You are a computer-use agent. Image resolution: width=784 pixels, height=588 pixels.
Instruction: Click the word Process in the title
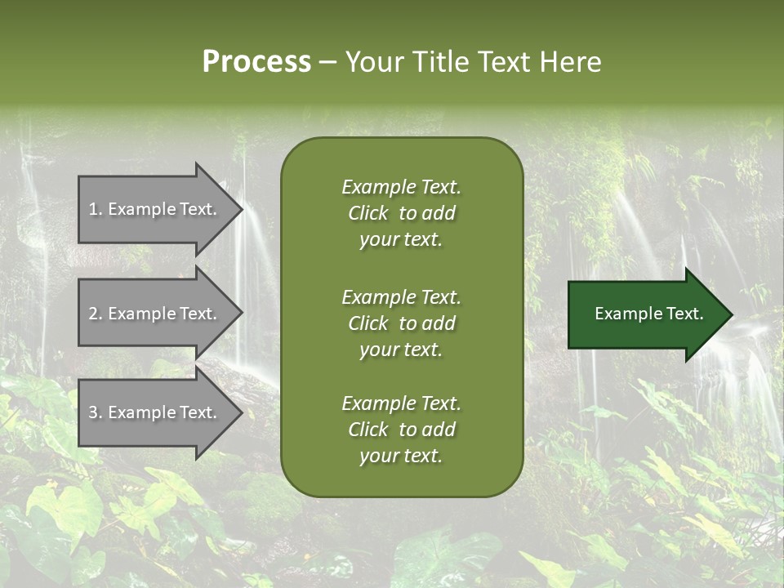256,62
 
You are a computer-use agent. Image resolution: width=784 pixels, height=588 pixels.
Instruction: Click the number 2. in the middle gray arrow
96,314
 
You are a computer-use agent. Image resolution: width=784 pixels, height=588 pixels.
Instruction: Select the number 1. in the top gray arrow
96,209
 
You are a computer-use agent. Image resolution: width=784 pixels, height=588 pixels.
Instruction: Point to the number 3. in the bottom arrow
96,412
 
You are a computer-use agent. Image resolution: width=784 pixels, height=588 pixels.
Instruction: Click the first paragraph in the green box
401,213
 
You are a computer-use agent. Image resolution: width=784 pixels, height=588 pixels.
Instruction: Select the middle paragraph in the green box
401,323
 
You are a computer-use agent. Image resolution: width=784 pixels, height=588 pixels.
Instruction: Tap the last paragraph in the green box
401,430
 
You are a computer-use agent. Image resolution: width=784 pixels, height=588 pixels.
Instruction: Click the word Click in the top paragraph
367,213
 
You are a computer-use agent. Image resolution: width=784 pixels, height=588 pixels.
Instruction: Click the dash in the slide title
327,62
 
